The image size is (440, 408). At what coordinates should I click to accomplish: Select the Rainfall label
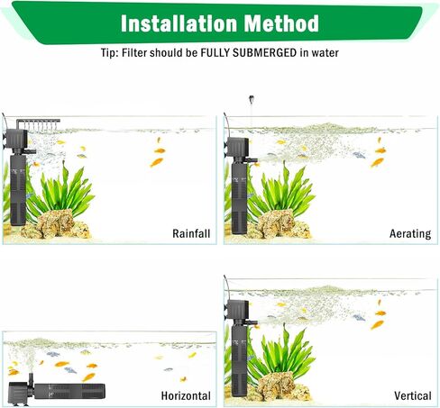[191, 234]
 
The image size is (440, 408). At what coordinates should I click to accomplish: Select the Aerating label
[410, 234]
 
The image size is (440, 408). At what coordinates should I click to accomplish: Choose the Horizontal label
[186, 395]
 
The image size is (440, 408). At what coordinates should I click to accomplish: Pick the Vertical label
[412, 395]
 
